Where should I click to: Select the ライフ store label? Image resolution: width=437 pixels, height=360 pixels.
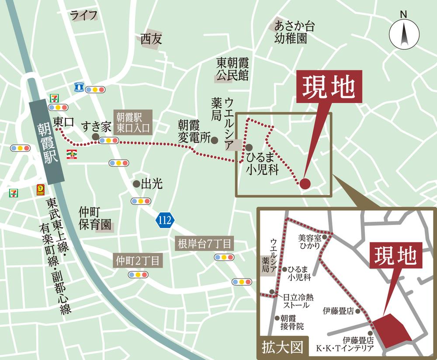[83, 16]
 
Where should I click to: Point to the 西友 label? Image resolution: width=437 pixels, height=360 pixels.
[151, 40]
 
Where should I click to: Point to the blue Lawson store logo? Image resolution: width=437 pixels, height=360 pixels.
[79, 87]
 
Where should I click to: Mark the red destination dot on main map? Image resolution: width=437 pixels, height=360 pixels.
[305, 184]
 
